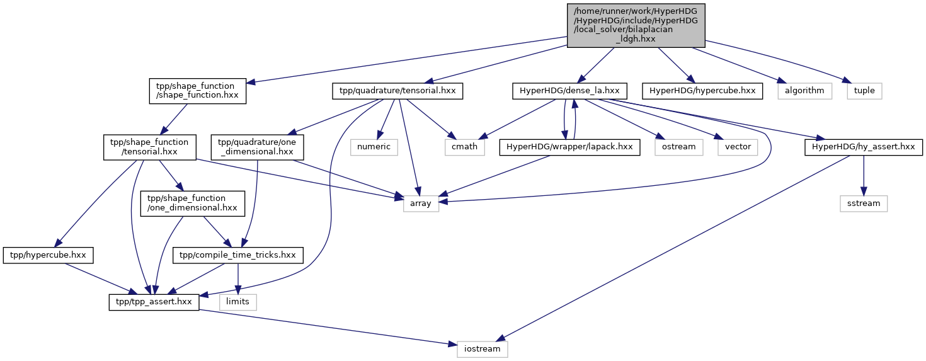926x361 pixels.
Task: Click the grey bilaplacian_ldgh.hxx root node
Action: point(636,25)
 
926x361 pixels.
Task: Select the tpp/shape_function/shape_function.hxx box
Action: point(198,91)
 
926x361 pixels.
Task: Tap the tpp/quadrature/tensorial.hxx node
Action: point(397,91)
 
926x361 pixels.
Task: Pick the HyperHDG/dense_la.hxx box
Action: point(569,91)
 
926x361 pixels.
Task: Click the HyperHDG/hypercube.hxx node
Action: point(702,91)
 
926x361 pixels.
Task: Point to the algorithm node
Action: point(804,91)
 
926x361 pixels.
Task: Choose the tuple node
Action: point(864,91)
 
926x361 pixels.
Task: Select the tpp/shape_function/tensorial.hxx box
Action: point(150,147)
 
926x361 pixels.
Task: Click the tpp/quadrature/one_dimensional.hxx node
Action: point(257,147)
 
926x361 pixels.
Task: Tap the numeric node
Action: point(374,147)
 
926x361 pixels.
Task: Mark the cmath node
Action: point(465,147)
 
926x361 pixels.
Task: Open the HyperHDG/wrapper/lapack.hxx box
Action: point(569,147)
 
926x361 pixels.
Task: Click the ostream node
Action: point(679,147)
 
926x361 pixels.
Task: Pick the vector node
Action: point(738,147)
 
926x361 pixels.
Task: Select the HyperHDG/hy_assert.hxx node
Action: point(864,147)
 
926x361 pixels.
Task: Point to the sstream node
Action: point(864,204)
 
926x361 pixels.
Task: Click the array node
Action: point(421,204)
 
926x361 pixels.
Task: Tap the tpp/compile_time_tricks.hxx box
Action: point(237,255)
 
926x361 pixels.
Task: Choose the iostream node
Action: point(483,350)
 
